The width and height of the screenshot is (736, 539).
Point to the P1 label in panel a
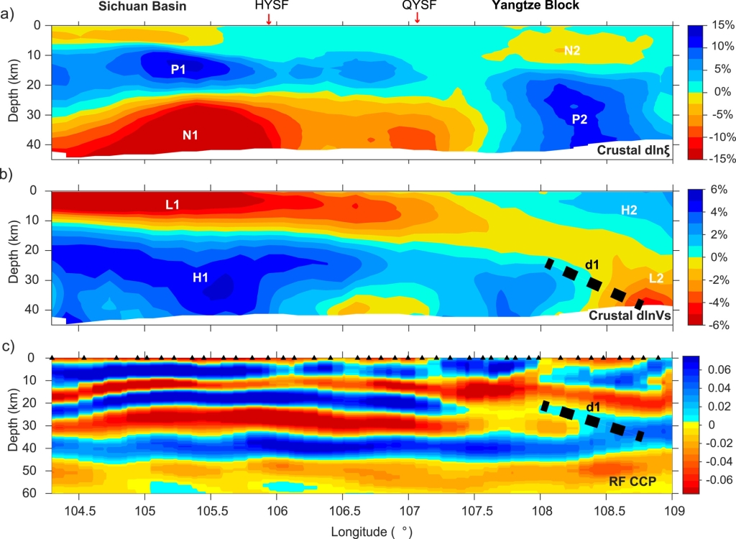click(178, 70)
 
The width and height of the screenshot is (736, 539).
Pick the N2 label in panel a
click(572, 50)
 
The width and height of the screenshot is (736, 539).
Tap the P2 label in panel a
click(580, 120)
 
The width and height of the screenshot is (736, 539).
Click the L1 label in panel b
click(172, 205)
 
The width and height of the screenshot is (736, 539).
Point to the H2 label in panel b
click(629, 209)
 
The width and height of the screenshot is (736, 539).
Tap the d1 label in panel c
click(594, 407)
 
